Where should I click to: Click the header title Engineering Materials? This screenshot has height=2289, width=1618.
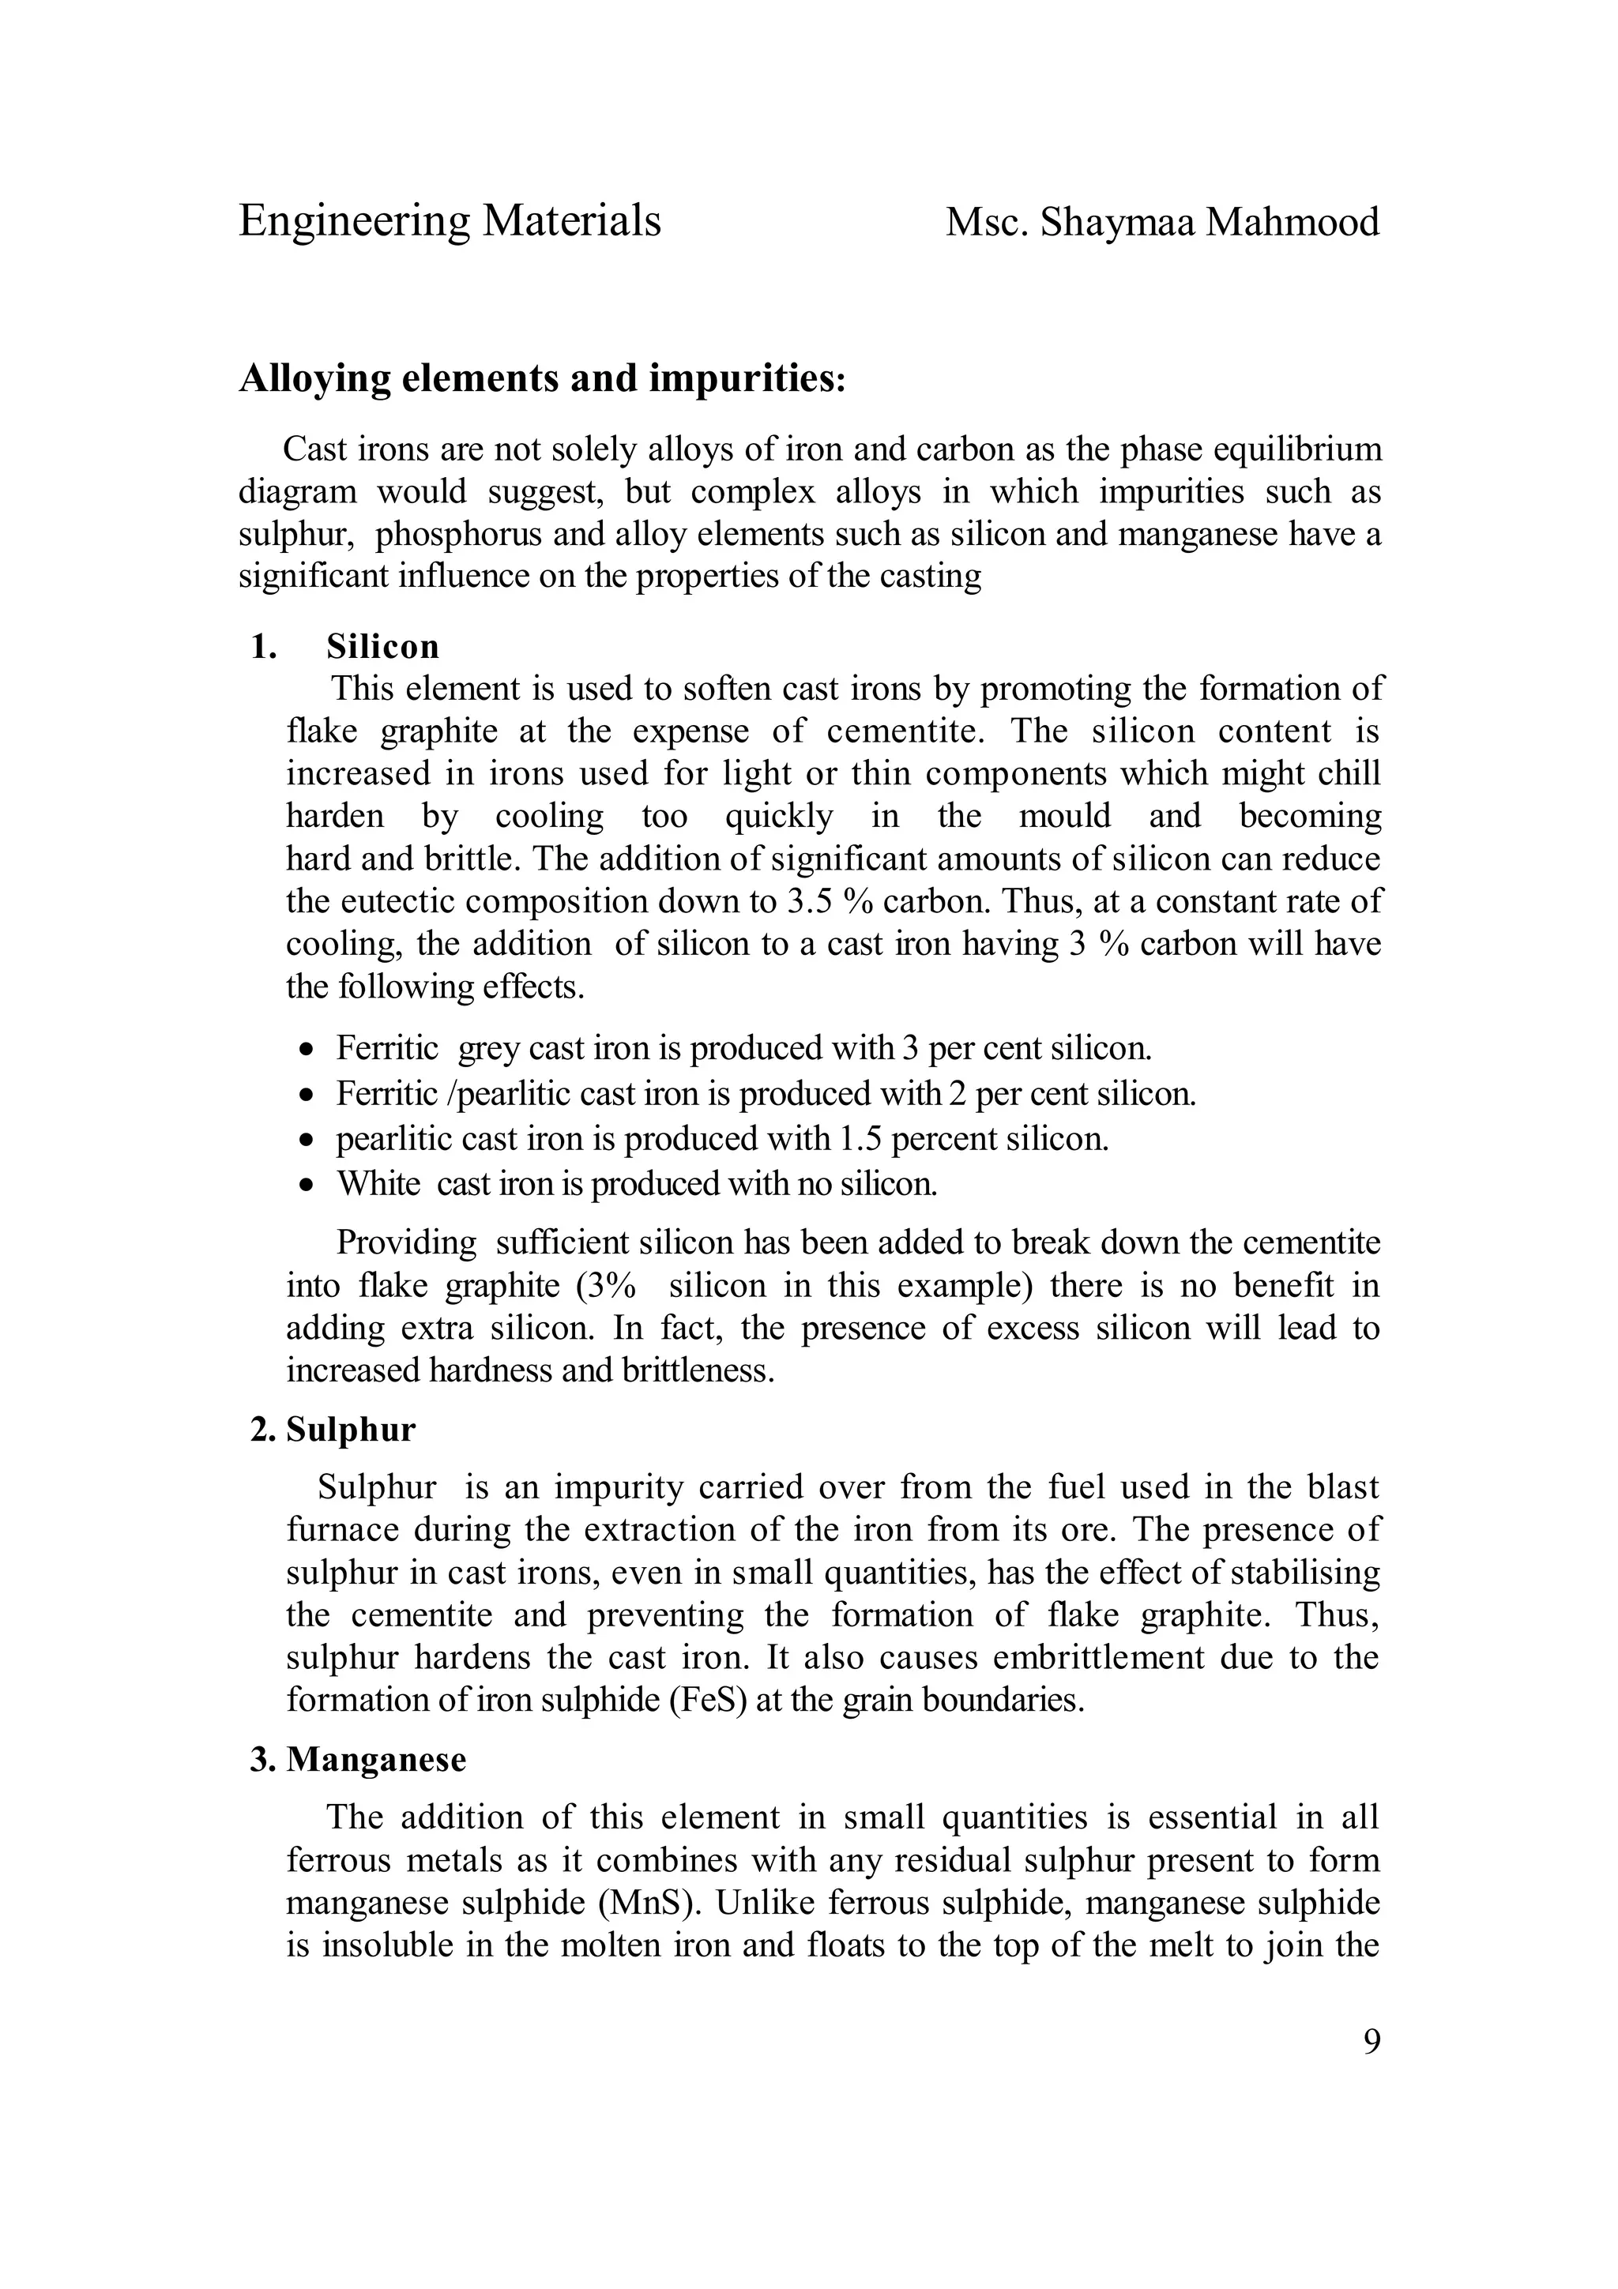(450, 221)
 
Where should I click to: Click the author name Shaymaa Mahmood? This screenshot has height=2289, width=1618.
(1210, 222)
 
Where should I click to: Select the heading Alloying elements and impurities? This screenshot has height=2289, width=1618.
(541, 379)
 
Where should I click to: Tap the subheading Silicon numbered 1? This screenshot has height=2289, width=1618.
(382, 647)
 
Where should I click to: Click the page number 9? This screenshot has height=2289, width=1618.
(1371, 2043)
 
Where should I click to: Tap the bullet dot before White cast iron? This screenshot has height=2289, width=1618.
(308, 1186)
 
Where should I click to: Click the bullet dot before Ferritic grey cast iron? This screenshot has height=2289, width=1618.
(308, 1050)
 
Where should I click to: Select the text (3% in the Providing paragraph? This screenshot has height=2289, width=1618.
(606, 1286)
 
